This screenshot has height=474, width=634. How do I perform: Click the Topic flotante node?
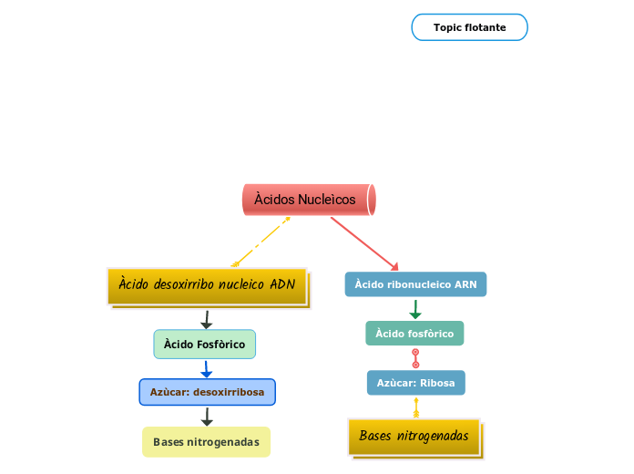pyautogui.click(x=469, y=27)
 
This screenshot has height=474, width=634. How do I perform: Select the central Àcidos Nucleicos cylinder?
pyautogui.click(x=308, y=200)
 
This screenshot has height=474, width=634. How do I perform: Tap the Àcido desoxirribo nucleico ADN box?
pyautogui.click(x=207, y=284)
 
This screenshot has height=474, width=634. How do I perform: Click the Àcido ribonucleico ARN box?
pyautogui.click(x=415, y=284)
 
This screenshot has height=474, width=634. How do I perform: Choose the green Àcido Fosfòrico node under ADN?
pyautogui.click(x=204, y=344)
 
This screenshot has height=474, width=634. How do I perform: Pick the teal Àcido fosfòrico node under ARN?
pyautogui.click(x=414, y=334)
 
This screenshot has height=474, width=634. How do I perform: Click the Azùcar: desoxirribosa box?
pyautogui.click(x=207, y=392)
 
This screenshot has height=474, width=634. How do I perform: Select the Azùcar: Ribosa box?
pyautogui.click(x=415, y=383)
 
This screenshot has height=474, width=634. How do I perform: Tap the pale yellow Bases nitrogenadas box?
pyautogui.click(x=206, y=442)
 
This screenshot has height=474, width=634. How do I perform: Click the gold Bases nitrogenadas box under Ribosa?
pyautogui.click(x=414, y=437)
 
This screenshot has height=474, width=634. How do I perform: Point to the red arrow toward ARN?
pyautogui.click(x=364, y=243)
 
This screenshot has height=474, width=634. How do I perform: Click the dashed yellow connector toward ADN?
pyautogui.click(x=262, y=241)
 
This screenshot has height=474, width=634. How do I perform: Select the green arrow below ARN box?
pyautogui.click(x=415, y=310)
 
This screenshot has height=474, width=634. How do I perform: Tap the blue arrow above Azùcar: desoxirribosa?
pyautogui.click(x=206, y=369)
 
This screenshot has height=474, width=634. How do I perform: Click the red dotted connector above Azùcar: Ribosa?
pyautogui.click(x=416, y=358)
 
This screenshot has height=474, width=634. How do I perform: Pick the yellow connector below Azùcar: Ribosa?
pyautogui.click(x=416, y=407)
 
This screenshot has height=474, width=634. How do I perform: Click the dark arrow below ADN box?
pyautogui.click(x=206, y=319)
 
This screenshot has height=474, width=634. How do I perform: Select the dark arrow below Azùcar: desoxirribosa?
pyautogui.click(x=207, y=417)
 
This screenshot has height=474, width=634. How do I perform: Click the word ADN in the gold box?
pyautogui.click(x=282, y=284)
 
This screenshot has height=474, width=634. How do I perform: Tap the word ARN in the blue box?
pyautogui.click(x=465, y=284)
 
